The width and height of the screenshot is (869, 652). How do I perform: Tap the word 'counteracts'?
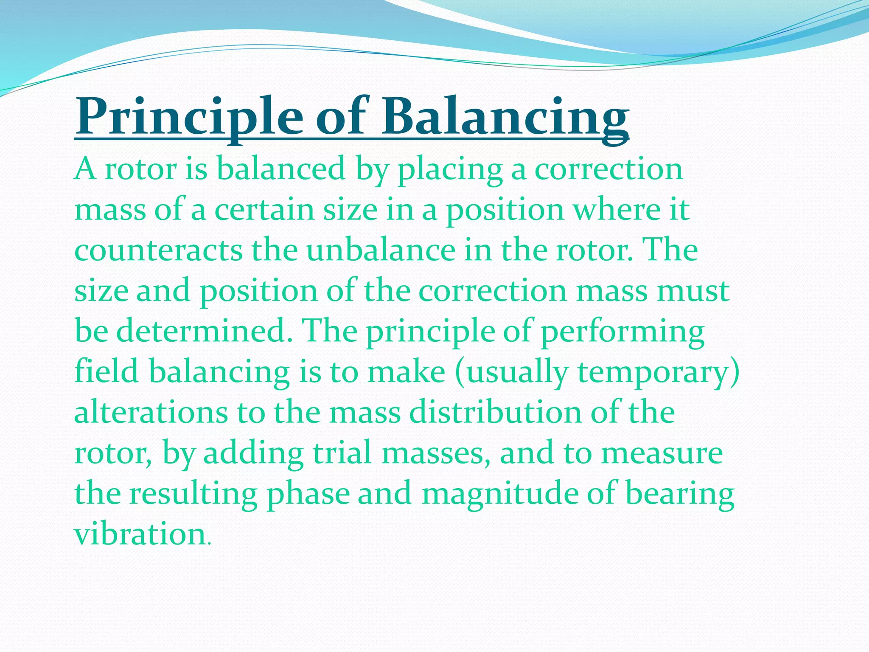pyautogui.click(x=158, y=250)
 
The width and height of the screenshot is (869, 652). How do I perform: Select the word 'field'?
pyautogui.click(x=107, y=371)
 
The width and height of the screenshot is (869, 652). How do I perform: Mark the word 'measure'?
pyautogui.click(x=662, y=453)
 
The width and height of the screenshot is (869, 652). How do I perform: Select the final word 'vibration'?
pyautogui.click(x=140, y=534)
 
